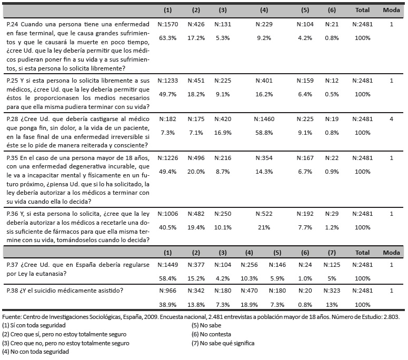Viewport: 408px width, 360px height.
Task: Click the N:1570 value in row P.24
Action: [168, 24]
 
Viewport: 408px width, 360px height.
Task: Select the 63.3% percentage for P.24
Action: [168, 38]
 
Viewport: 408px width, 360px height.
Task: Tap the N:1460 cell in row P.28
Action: [264, 119]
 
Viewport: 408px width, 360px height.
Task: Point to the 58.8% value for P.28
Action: [264, 133]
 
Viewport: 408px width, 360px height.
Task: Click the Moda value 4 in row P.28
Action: [391, 119]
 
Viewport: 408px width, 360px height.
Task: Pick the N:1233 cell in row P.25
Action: [168, 81]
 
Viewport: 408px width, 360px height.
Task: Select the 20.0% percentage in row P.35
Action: [196, 172]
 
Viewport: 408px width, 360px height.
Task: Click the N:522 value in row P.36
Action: [264, 214]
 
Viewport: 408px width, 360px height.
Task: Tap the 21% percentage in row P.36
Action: [264, 227]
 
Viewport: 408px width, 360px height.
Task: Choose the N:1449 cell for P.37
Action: [168, 265]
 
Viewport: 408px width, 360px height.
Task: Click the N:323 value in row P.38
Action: [332, 291]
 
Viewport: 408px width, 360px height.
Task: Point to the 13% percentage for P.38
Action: [332, 305]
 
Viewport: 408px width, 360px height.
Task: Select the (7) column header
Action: [332, 253]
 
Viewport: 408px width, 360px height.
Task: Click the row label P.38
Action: [12, 291]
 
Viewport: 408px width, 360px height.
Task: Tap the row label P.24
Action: [12, 24]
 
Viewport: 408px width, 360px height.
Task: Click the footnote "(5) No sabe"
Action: [206, 325]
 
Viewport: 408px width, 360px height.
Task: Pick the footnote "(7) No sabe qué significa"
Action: [223, 343]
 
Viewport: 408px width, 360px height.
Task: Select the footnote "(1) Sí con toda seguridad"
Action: [34, 325]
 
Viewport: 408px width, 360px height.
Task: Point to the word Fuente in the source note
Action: [12, 317]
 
